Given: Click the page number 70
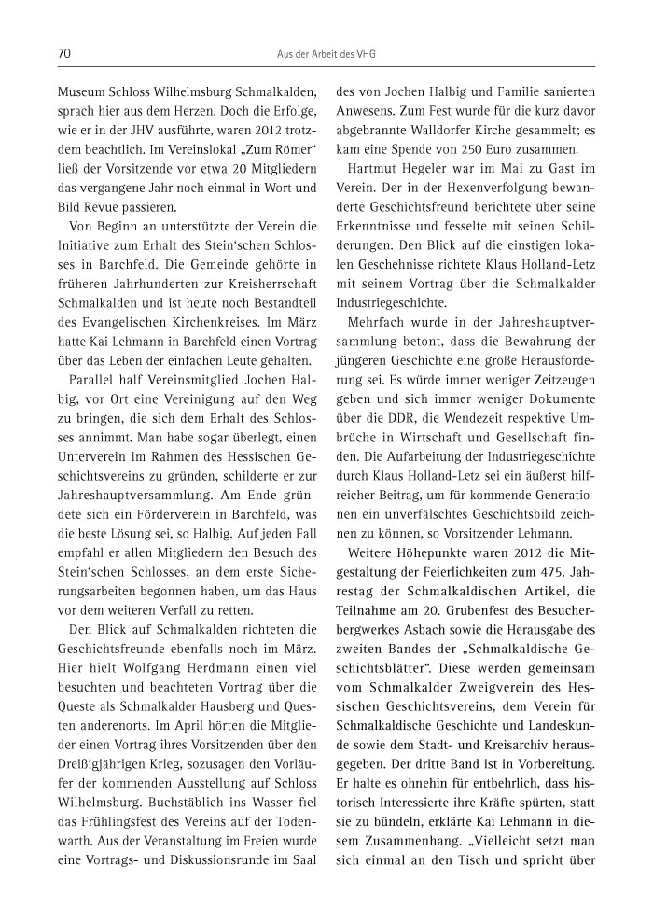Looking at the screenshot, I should coord(64,54).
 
